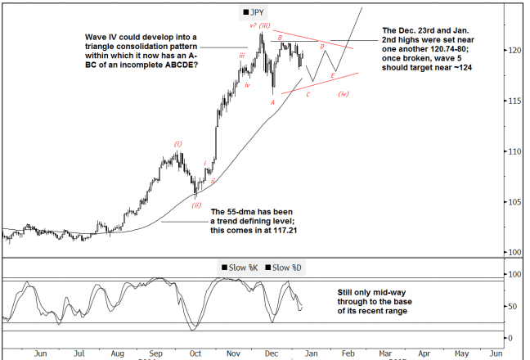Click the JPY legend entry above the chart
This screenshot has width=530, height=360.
point(255,13)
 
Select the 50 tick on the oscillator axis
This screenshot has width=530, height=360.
point(512,306)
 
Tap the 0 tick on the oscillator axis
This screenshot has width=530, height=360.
point(510,337)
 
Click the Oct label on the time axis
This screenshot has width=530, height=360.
point(195,353)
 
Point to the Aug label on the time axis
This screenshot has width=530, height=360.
point(119,353)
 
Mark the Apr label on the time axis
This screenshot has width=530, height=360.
point(423,353)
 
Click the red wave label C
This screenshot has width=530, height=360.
point(308,94)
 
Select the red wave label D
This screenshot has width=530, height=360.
point(322,47)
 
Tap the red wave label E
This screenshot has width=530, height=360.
point(332,75)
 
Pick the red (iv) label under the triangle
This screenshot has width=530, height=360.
point(344,94)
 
